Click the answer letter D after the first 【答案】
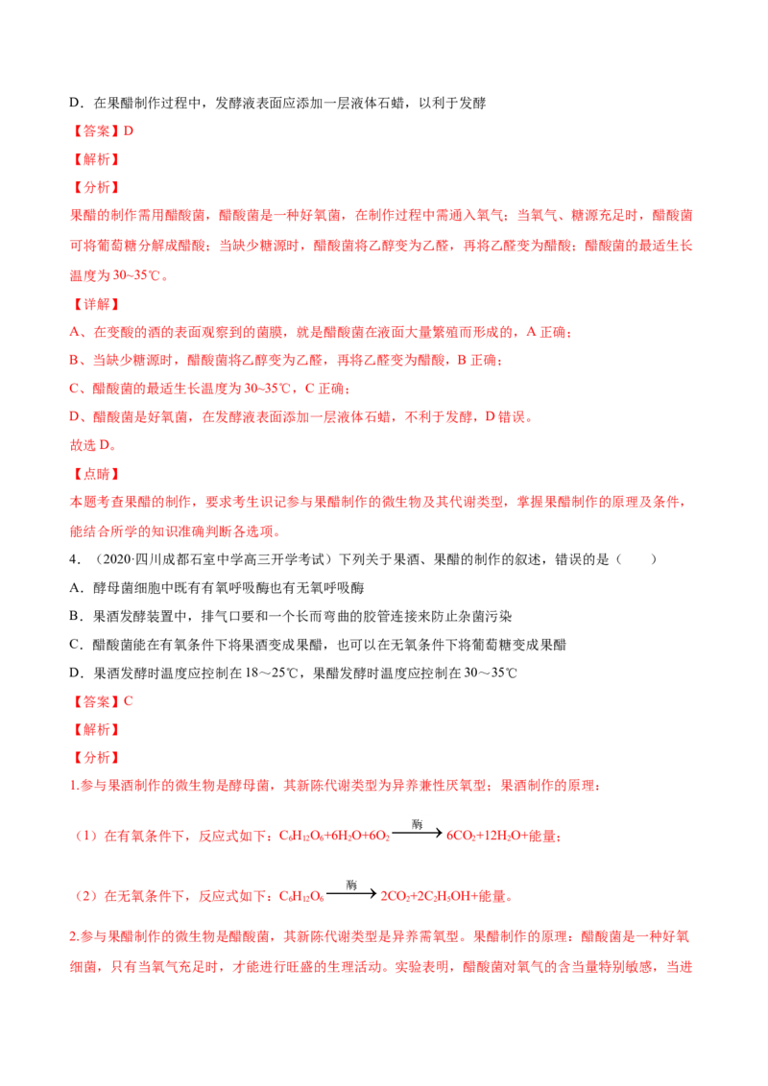point(129,130)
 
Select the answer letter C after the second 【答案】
point(129,701)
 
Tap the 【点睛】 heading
point(96,474)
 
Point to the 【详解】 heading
point(96,304)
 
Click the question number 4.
point(75,559)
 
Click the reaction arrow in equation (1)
point(417,833)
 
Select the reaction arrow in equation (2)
point(351,893)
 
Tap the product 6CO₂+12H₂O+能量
point(502,836)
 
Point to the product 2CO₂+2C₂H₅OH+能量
point(445,896)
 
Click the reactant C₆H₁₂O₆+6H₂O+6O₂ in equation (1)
point(334,836)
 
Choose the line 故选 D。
point(93,445)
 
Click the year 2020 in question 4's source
point(117,559)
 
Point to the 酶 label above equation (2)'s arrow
point(351,885)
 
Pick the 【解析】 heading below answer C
point(96,729)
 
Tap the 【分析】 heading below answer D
point(96,188)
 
